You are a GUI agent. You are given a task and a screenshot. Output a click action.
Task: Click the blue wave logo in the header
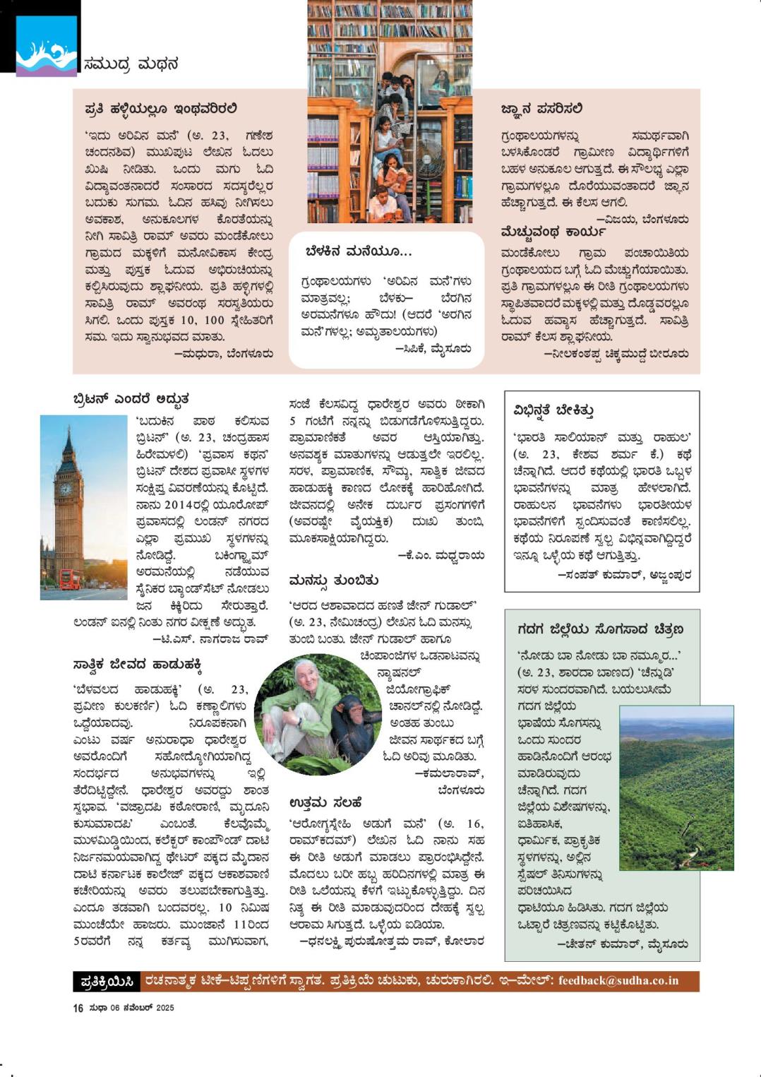pos(46,47)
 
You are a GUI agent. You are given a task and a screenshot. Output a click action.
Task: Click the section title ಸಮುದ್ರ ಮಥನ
pos(131,64)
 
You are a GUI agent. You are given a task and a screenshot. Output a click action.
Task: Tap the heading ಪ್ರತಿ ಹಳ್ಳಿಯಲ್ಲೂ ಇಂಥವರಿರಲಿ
pos(160,109)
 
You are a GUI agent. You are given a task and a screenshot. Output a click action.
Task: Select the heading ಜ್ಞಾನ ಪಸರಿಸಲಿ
pos(541,109)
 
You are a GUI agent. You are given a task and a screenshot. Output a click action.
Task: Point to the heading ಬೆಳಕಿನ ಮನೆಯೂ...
pos(359,251)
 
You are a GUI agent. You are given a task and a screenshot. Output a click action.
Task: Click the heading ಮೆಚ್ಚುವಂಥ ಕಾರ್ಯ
pos(553,232)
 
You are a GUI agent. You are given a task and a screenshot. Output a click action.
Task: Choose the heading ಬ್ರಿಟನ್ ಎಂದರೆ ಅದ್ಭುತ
pos(131,399)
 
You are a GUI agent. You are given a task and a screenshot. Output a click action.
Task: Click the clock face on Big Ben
pos(66,488)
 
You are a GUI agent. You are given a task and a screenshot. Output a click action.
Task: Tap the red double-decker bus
pos(70,580)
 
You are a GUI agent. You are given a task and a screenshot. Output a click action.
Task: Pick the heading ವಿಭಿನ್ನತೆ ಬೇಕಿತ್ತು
pos(553,410)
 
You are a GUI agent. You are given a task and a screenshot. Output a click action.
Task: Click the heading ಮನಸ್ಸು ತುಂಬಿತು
pos(333,581)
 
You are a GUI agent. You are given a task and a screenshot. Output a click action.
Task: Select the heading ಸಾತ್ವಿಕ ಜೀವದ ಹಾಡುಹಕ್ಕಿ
pos(138,665)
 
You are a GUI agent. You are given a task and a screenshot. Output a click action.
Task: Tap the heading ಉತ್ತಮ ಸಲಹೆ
pos(325,802)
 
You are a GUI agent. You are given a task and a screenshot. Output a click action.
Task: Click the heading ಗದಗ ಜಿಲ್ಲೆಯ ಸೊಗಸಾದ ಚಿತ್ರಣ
pos(600,629)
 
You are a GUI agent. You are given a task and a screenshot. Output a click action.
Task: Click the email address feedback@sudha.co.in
pos(618,981)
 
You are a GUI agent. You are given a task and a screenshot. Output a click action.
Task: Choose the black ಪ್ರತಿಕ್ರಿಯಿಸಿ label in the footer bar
pos(107,982)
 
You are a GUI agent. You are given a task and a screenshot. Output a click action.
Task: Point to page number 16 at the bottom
pos(78,1008)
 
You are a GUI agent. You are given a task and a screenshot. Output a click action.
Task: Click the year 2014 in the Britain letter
pos(183,505)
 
